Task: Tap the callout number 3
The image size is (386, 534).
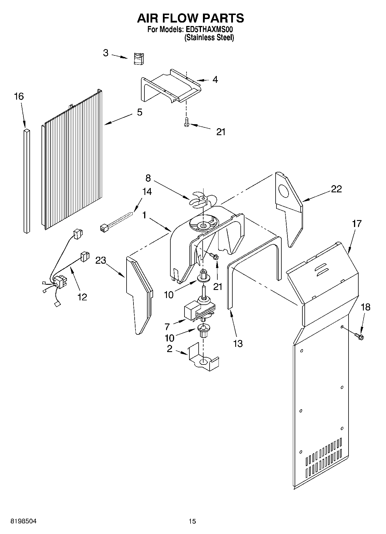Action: tap(106, 53)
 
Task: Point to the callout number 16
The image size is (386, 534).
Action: tap(19, 96)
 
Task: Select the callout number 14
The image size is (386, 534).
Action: tap(147, 191)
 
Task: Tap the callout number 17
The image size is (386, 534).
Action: tap(357, 223)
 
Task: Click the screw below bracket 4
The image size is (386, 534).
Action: tap(186, 122)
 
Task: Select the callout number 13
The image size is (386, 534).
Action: tap(238, 343)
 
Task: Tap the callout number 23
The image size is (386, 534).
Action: tap(101, 260)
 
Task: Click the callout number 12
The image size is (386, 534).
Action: tap(82, 297)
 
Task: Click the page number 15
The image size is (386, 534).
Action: tap(192, 521)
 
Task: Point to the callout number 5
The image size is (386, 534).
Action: tap(140, 112)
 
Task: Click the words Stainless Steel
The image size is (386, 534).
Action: tap(209, 38)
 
